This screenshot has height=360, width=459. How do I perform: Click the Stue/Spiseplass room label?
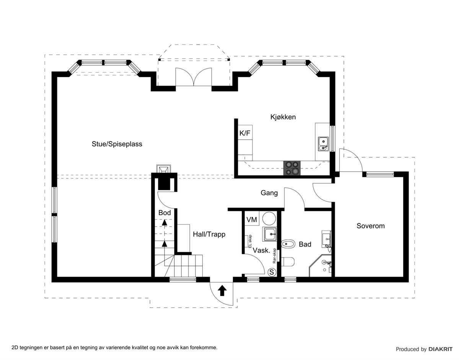pyautogui.click(x=117, y=144)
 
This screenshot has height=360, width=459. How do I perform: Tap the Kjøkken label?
pyautogui.click(x=283, y=117)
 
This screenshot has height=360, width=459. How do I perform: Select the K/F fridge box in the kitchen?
pyautogui.click(x=245, y=133)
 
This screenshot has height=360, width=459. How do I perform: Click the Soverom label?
pyautogui.click(x=370, y=226)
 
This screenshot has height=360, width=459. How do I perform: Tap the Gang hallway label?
pyautogui.click(x=269, y=193)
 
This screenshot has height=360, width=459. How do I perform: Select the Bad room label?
pyautogui.click(x=305, y=244)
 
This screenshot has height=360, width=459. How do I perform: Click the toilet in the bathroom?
pyautogui.click(x=288, y=262)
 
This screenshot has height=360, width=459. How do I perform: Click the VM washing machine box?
pyautogui.click(x=251, y=220)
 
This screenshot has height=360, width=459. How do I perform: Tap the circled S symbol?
pyautogui.click(x=272, y=272)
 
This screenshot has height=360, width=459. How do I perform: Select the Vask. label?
pyautogui.click(x=262, y=251)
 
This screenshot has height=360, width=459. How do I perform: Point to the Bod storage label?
pyautogui.click(x=164, y=213)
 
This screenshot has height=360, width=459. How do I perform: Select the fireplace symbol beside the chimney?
pyautogui.click(x=164, y=169)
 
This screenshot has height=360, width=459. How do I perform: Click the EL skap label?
pyautogui.click(x=250, y=242)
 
